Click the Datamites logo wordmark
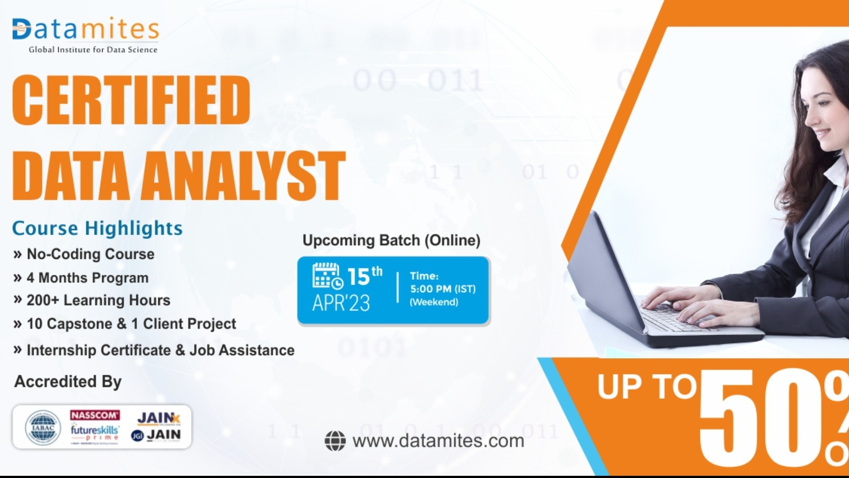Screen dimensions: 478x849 click(85, 29)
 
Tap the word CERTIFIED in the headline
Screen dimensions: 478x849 click(131, 100)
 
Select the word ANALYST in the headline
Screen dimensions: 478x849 click(243, 176)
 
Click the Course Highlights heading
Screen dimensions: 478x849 click(97, 228)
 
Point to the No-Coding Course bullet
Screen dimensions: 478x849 click(90, 254)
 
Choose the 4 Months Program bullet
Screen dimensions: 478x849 click(87, 278)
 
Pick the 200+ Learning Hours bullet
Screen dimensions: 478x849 click(98, 300)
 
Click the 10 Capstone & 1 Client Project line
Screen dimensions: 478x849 click(131, 324)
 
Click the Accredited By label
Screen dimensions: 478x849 click(68, 382)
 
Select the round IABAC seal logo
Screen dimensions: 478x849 click(43, 428)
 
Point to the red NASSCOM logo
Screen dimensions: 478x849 click(95, 415)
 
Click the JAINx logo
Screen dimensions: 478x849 click(158, 418)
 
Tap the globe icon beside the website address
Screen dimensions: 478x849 click(335, 441)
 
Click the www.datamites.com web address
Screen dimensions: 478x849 click(438, 441)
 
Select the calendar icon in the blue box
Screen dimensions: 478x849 click(327, 276)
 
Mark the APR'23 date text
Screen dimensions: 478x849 click(341, 303)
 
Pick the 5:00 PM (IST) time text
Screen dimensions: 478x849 click(443, 289)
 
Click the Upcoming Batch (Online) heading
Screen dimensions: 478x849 click(391, 240)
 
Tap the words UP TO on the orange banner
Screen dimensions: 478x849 click(647, 387)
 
